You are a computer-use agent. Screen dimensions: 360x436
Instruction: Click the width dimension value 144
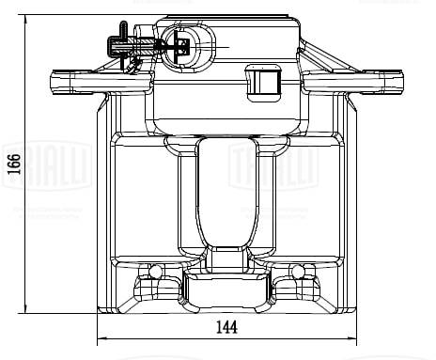point(226,327)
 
